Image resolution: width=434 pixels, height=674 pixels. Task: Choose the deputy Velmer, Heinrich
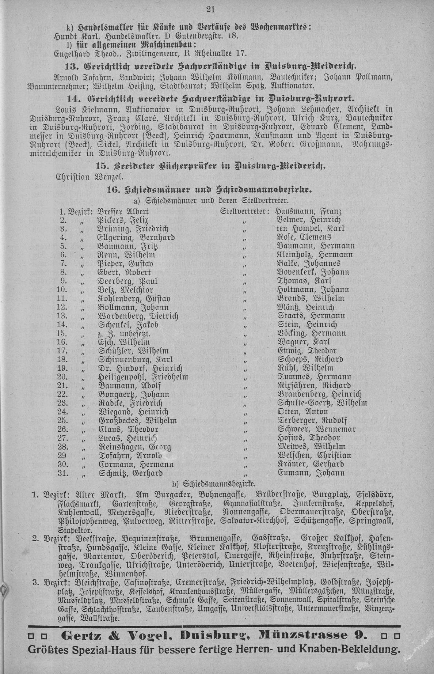309,220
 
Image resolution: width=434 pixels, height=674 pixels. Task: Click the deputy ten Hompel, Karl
310,229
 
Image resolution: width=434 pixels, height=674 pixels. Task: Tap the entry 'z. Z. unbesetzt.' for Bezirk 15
125,333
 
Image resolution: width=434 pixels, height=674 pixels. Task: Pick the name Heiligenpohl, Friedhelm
143,377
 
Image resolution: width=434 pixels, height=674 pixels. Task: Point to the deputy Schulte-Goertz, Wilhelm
323,403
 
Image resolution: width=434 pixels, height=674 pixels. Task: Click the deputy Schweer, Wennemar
316,429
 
